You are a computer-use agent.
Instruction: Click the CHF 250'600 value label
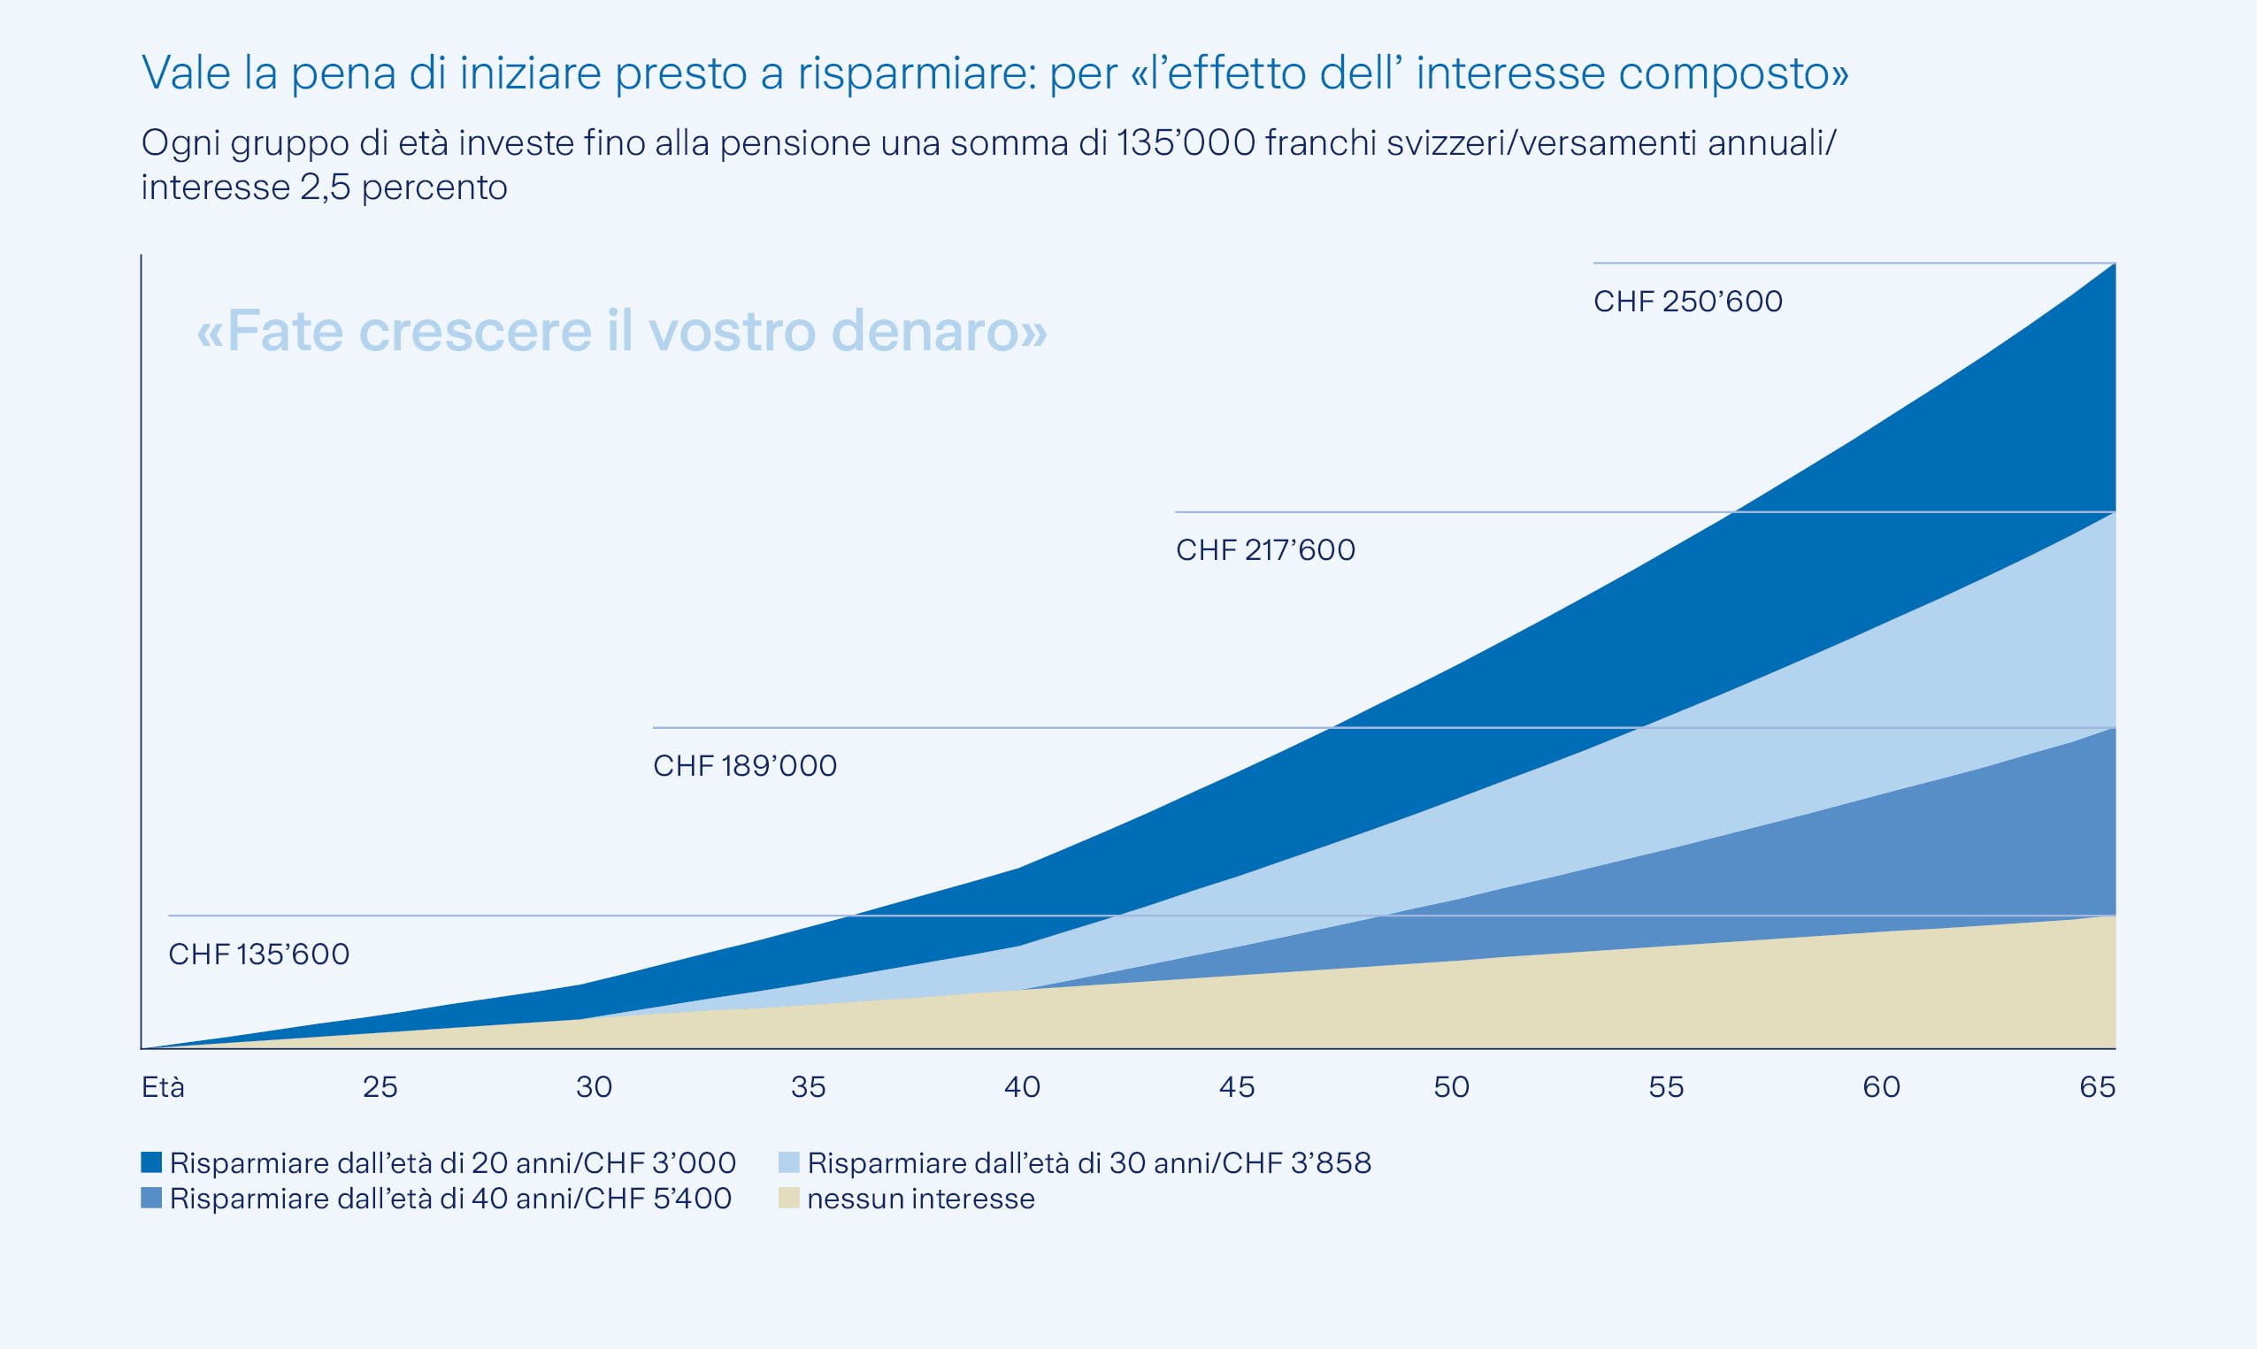point(1687,301)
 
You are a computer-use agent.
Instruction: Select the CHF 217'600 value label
point(1264,550)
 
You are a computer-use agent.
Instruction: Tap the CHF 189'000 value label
point(744,765)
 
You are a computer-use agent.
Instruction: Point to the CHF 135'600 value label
point(259,954)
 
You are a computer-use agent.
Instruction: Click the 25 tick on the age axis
point(380,1087)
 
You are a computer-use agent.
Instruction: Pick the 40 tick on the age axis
point(1022,1087)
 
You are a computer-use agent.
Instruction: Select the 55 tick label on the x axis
point(1665,1087)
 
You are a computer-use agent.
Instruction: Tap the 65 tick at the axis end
point(2097,1087)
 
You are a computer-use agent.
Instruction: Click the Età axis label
point(163,1087)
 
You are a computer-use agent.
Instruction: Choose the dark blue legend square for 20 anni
point(152,1161)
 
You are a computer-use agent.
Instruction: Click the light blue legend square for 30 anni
point(789,1161)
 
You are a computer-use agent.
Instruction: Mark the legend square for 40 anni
point(152,1198)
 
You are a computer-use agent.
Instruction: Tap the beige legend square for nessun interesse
point(789,1198)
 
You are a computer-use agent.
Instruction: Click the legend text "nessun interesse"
point(921,1199)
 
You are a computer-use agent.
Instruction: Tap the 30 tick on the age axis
point(594,1087)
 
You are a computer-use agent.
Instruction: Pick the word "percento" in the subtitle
point(434,188)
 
